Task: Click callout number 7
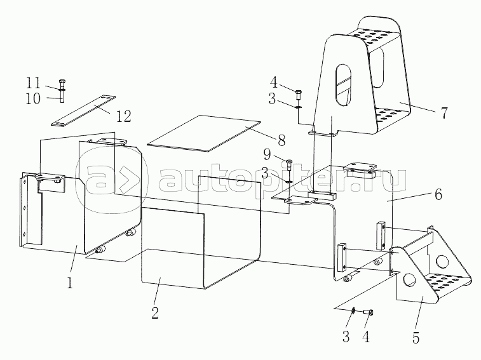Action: [444, 113]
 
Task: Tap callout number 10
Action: [33, 98]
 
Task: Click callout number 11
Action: [33, 84]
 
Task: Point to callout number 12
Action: [123, 116]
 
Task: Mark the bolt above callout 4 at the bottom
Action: [368, 312]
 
